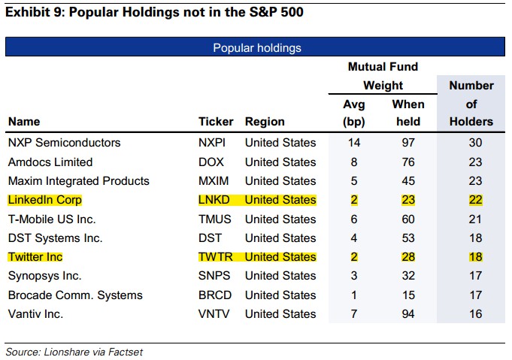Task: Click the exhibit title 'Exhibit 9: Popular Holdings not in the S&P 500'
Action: tap(154, 12)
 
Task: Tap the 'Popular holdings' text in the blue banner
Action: tap(257, 48)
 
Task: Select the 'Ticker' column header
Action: tap(216, 122)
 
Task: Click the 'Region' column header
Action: tap(265, 122)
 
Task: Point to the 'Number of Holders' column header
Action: tap(471, 104)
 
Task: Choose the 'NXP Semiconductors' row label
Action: tap(65, 143)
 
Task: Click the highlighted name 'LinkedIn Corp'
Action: tap(45, 200)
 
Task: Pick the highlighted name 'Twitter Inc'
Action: tap(35, 257)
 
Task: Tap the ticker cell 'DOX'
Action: tap(211, 162)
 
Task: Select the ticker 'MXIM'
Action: tap(214, 181)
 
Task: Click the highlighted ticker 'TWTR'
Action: tap(216, 257)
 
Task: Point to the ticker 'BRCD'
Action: tap(215, 295)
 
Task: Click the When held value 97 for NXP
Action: tap(408, 143)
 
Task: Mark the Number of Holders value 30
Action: tap(475, 143)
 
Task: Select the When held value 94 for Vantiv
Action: tap(408, 314)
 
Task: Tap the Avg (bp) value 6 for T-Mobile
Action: tap(354, 219)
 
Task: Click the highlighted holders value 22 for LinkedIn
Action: tap(475, 200)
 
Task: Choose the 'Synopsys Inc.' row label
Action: tap(45, 276)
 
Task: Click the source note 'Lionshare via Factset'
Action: tap(93, 352)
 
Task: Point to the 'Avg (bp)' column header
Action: tap(354, 113)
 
